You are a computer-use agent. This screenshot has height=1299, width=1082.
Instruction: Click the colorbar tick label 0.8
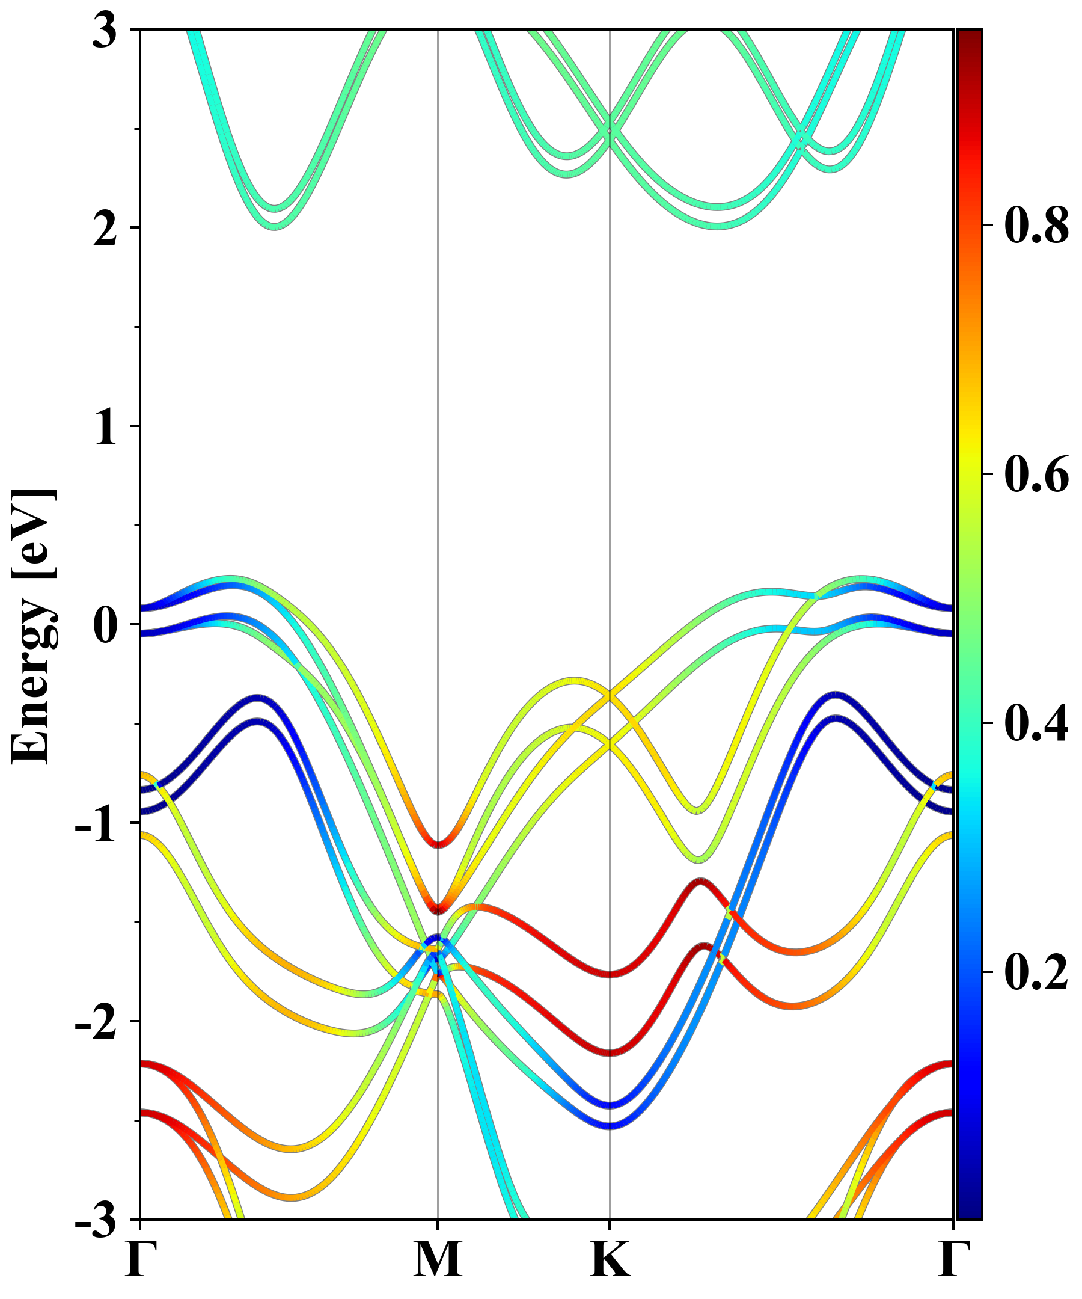click(1036, 226)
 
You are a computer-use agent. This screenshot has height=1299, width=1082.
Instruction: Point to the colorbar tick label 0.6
click(1036, 474)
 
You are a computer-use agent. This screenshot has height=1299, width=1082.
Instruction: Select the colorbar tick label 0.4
click(1036, 723)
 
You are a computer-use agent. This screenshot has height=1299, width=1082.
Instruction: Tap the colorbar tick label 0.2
click(1036, 972)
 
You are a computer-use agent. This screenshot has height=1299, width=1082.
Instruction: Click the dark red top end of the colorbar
click(969, 37)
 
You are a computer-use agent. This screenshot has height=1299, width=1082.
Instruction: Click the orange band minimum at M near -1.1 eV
click(438, 844)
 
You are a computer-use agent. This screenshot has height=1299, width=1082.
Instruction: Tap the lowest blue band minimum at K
click(610, 1125)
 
